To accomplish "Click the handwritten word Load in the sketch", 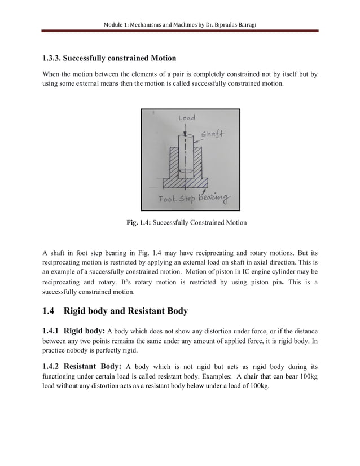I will click(x=187, y=118).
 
